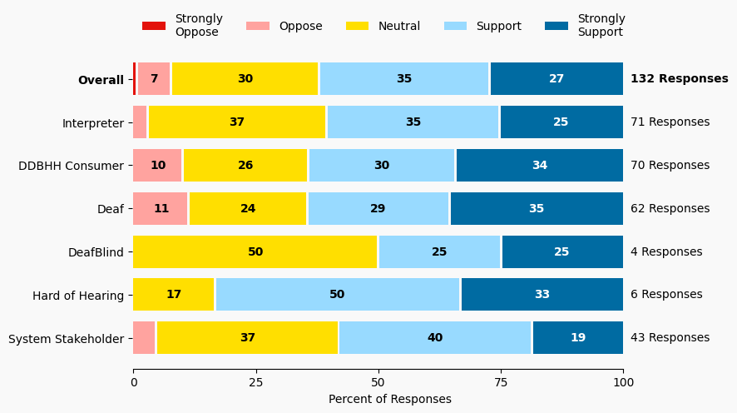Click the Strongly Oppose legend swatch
click(154, 26)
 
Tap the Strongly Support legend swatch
click(556, 26)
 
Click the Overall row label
click(101, 80)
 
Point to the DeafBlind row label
click(96, 251)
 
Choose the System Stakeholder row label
click(66, 338)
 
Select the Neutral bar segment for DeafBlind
click(255, 251)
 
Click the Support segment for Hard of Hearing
click(337, 295)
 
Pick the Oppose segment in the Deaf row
click(161, 208)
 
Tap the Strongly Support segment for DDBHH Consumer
click(539, 166)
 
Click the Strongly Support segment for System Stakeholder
click(577, 338)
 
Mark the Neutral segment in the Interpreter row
click(237, 122)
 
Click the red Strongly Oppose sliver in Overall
click(135, 79)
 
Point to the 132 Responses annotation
click(679, 79)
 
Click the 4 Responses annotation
click(665, 251)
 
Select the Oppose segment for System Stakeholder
click(144, 338)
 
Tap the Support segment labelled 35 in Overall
click(404, 79)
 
